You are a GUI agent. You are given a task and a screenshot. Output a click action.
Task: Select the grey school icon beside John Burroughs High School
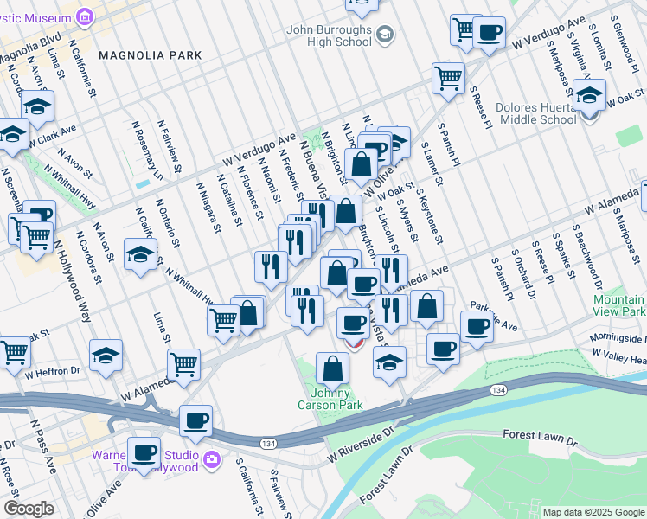tap(385, 35)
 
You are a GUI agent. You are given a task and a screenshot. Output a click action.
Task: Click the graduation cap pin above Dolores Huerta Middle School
tap(589, 95)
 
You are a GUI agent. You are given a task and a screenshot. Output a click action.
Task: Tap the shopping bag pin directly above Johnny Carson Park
tap(332, 369)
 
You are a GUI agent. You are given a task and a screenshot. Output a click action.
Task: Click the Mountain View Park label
tap(619, 305)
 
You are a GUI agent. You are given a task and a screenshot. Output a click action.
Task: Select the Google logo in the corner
tap(29, 509)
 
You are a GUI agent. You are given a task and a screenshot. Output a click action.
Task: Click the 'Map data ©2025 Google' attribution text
tap(593, 512)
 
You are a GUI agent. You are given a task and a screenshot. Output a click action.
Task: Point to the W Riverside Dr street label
tap(360, 453)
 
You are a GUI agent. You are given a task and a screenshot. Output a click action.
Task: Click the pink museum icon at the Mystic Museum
tap(84, 16)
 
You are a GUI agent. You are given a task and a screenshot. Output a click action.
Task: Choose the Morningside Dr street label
tap(618, 339)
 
